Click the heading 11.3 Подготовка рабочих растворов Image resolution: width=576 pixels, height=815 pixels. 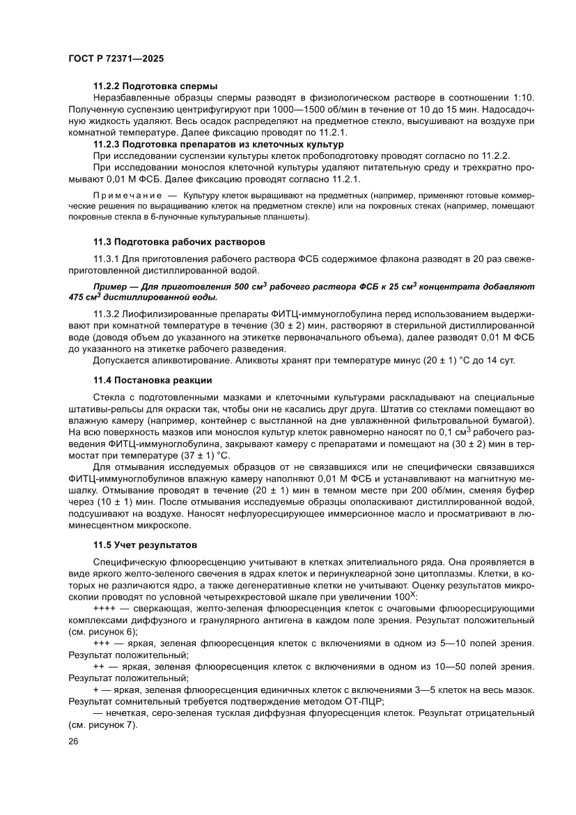coord(179,242)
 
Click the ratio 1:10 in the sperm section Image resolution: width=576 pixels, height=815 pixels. coord(522,97)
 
